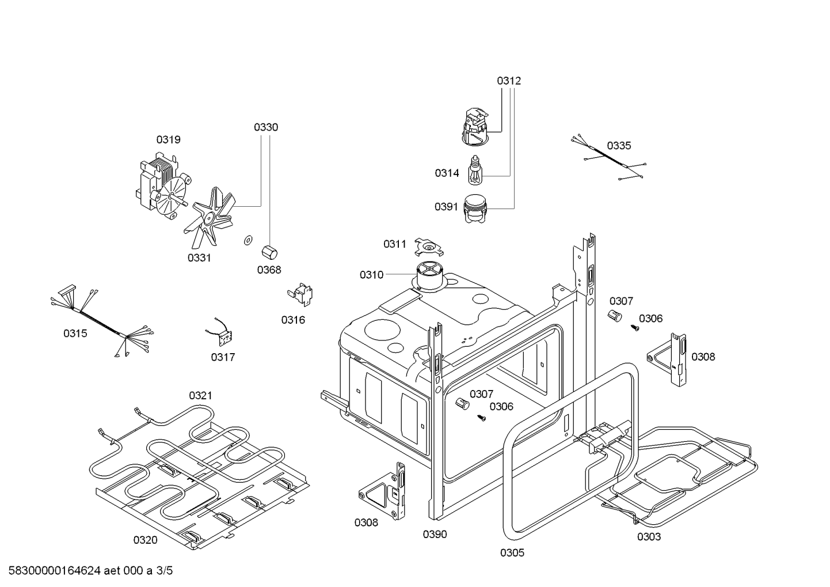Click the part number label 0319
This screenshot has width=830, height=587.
tap(168, 139)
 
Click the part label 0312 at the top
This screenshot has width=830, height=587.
tap(509, 81)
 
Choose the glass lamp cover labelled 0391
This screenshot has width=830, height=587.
tap(476, 209)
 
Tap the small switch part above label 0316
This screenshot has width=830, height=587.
tap(300, 293)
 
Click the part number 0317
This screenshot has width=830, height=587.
tap(223, 357)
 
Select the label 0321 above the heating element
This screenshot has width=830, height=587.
tap(200, 395)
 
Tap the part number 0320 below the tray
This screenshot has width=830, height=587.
tap(145, 540)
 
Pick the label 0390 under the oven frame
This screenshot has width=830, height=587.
tap(435, 534)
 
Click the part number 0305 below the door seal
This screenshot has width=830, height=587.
tap(512, 553)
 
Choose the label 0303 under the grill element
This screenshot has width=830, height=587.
tap(649, 537)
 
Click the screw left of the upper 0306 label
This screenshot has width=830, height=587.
tap(635, 327)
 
